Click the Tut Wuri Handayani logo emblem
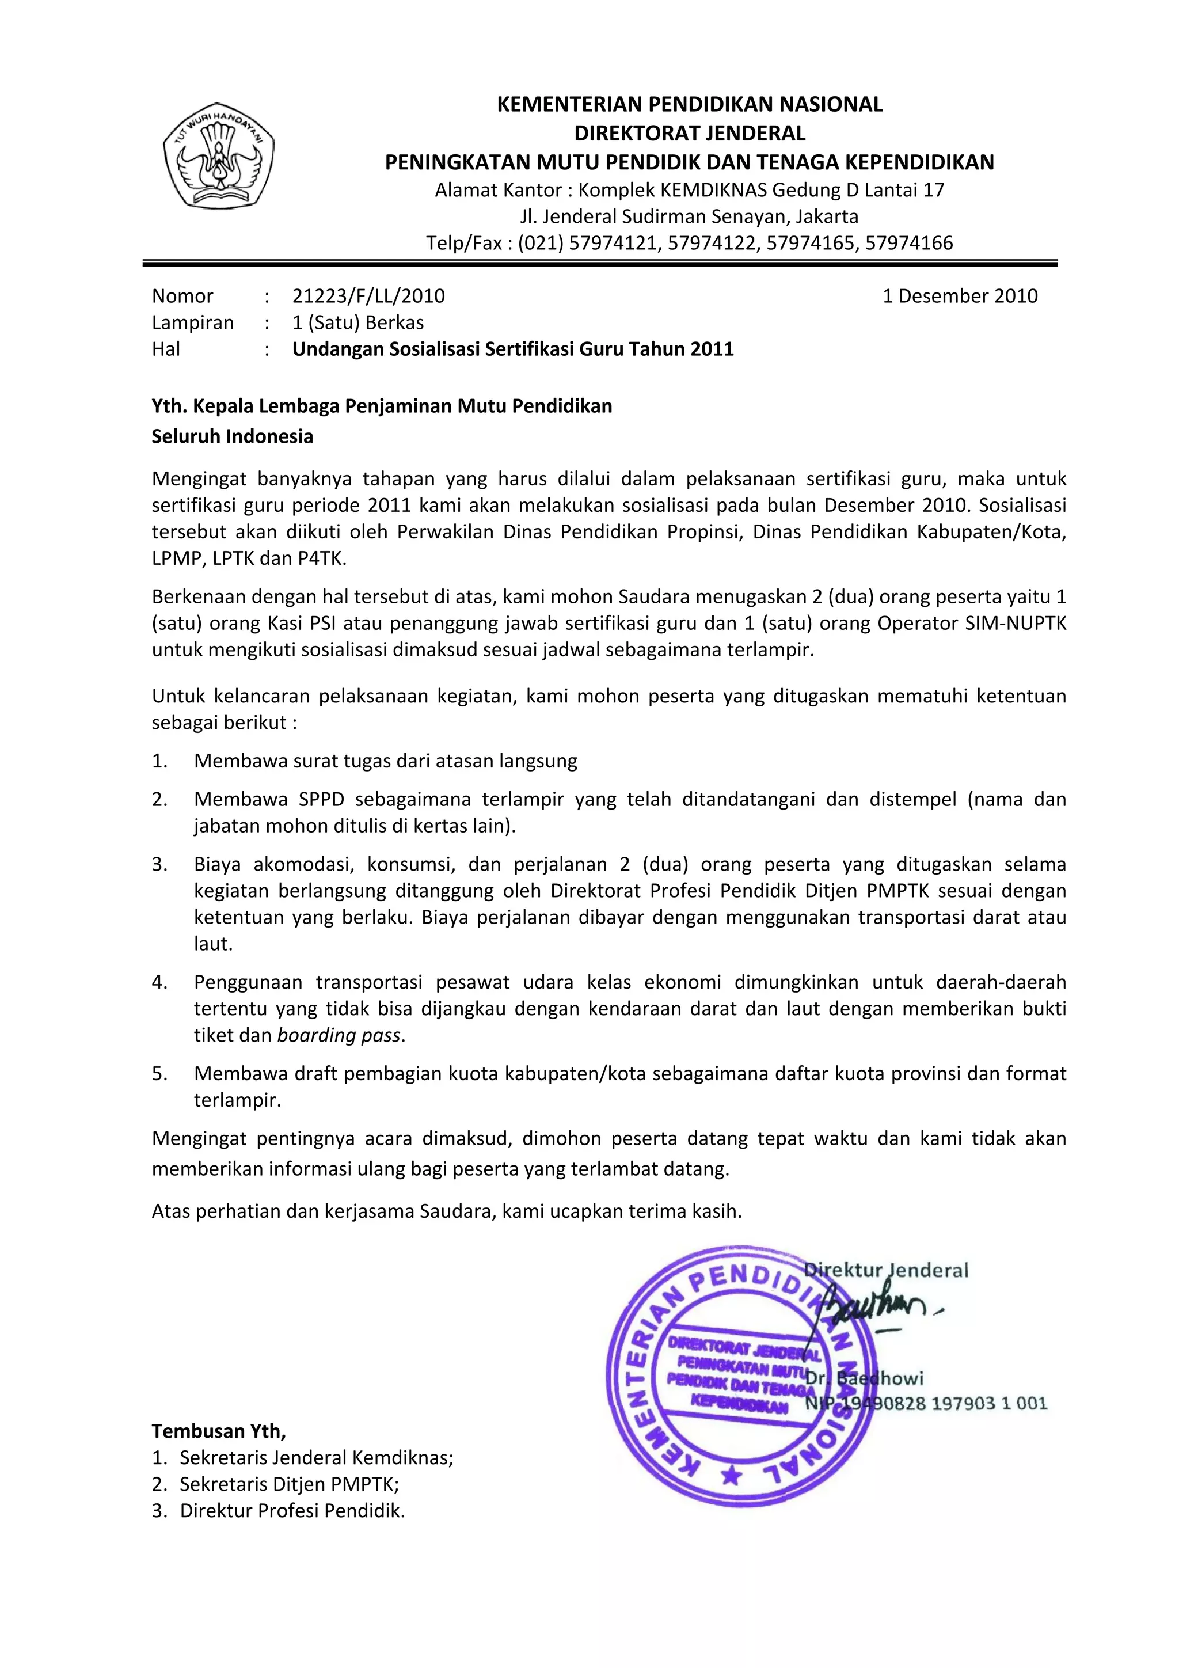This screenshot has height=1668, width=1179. tap(219, 155)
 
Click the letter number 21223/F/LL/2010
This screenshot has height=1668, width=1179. tap(368, 296)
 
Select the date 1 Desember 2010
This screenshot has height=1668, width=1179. tap(960, 296)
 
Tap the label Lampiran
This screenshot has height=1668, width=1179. tap(192, 322)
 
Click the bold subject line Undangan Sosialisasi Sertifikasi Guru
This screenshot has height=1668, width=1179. tap(513, 349)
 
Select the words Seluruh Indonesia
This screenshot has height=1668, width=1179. tap(233, 436)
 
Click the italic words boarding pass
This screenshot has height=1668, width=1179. tap(339, 1035)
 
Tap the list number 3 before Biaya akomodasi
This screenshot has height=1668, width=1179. tap(160, 864)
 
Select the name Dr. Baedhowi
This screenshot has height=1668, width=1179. tap(865, 1378)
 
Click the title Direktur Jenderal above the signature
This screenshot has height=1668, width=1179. tap(886, 1271)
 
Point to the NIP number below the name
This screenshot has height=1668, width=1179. tap(926, 1404)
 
